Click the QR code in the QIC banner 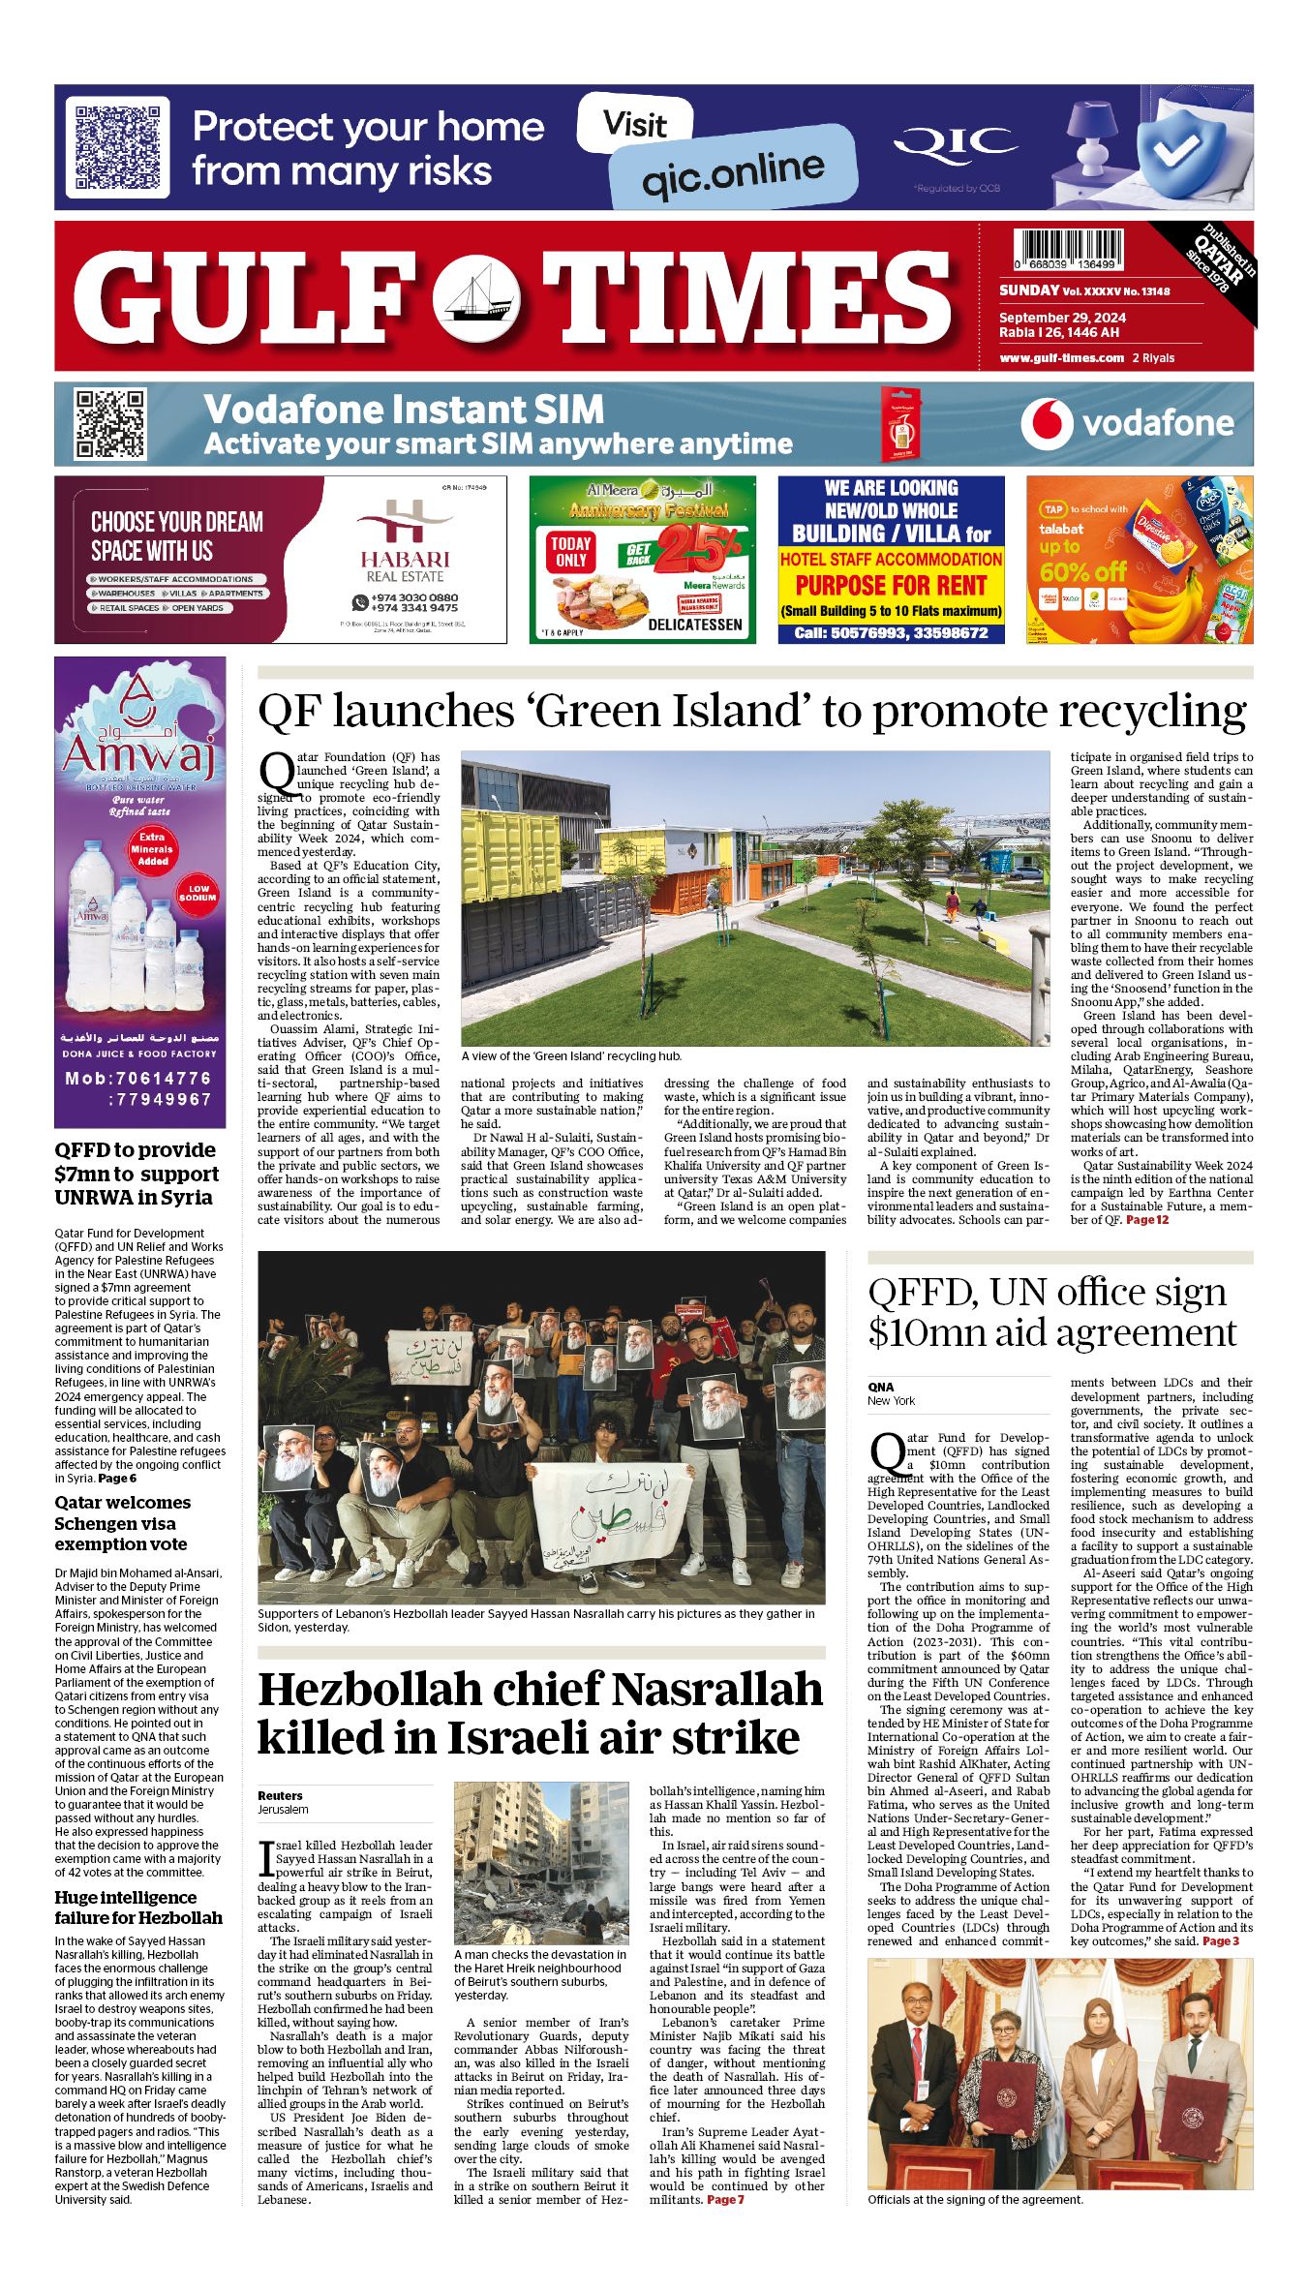click(117, 147)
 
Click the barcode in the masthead click(1068, 248)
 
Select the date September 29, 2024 click(1062, 318)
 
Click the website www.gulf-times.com click(1061, 358)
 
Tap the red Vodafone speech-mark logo click(1047, 423)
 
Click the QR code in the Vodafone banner click(110, 424)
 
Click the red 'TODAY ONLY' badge click(571, 552)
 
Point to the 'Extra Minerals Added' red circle click(152, 848)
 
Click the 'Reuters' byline click(280, 1795)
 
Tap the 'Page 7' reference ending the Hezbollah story click(725, 2200)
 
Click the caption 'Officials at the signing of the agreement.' click(975, 2200)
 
